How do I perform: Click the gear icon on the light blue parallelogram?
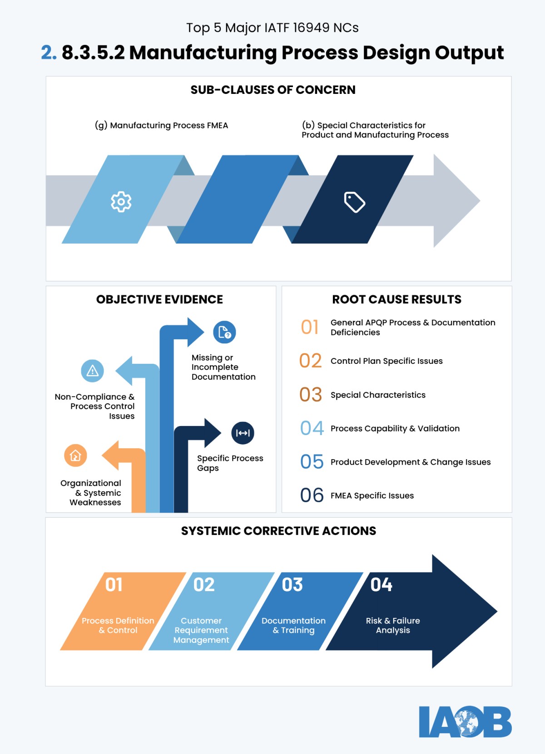tap(121, 201)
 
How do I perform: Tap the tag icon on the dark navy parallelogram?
tap(355, 202)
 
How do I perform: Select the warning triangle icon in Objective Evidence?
tap(93, 371)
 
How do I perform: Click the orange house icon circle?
tap(75, 455)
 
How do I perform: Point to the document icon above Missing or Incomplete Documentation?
tap(224, 333)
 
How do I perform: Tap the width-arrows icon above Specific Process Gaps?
tap(243, 433)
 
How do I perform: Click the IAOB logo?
tap(465, 721)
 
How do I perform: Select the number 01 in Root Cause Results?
tap(310, 327)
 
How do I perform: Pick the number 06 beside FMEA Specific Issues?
tap(312, 495)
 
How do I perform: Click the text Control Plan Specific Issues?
tap(386, 361)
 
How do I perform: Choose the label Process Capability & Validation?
tap(395, 428)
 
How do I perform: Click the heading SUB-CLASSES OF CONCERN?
tap(273, 90)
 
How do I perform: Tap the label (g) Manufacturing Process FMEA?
tap(161, 125)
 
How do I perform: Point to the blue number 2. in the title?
tap(49, 53)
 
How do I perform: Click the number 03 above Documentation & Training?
tap(292, 585)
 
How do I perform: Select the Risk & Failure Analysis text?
tap(393, 625)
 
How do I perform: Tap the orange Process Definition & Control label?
tap(118, 625)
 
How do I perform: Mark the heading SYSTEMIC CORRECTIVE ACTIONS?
tap(278, 531)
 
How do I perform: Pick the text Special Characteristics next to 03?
tap(378, 395)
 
